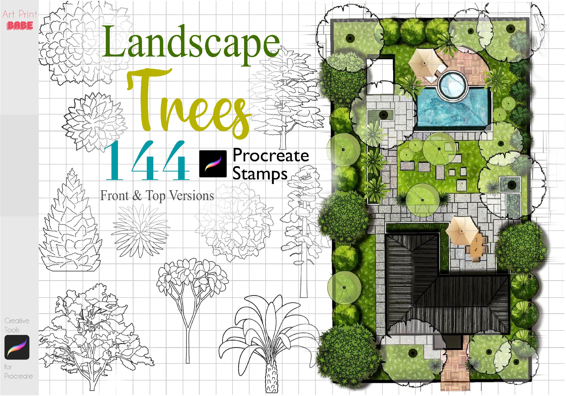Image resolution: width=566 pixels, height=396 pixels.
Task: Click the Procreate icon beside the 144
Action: (x=213, y=164)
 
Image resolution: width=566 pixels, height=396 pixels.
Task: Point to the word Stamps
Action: (x=260, y=174)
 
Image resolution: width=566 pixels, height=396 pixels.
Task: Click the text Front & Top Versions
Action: (x=157, y=196)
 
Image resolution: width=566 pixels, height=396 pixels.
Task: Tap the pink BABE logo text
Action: (x=20, y=26)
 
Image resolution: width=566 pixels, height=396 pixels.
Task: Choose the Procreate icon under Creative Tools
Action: (x=17, y=347)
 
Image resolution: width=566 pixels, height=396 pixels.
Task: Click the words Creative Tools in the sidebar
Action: (x=16, y=325)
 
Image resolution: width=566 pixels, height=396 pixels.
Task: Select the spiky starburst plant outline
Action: (x=141, y=230)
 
